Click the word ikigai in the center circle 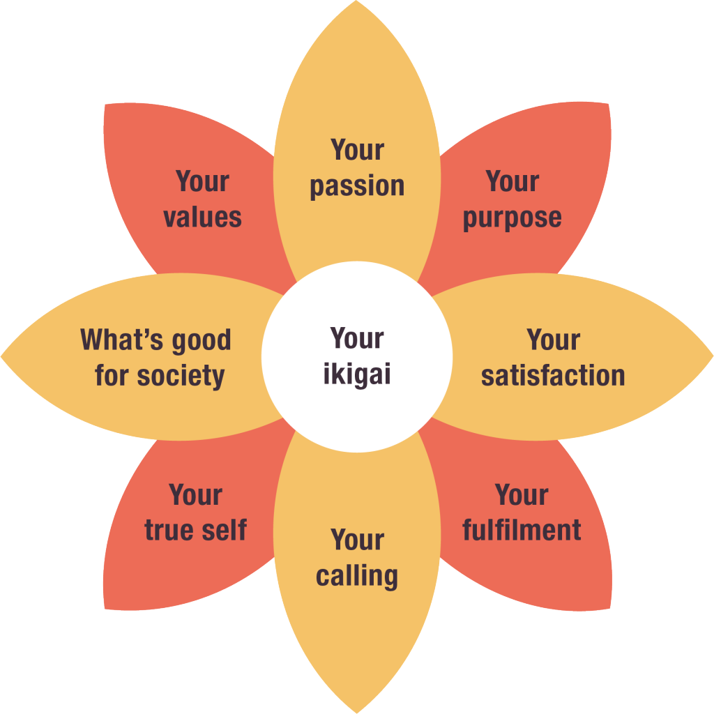tap(357, 375)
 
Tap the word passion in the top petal tap(357, 186)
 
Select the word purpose tap(512, 218)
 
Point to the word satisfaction tap(553, 376)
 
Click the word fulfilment tap(522, 530)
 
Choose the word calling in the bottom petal tap(357, 577)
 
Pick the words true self tap(195, 530)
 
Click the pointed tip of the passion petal tap(357, 2)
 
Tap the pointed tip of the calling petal tap(357, 712)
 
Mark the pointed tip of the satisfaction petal tap(712, 357)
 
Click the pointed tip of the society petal tap(2, 357)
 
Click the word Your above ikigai tap(357, 339)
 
